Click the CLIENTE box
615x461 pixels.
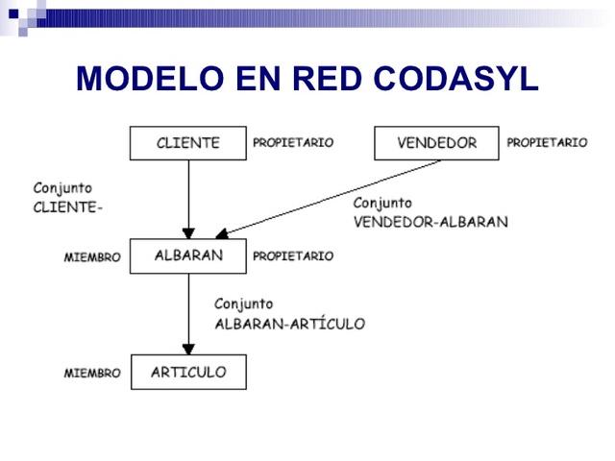[x=188, y=143]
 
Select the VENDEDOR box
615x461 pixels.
[x=436, y=143]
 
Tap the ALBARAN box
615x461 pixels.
[x=188, y=256]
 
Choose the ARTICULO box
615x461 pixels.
[x=188, y=372]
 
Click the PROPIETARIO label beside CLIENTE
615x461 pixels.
[x=293, y=143]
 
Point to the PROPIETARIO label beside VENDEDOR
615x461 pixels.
[x=547, y=143]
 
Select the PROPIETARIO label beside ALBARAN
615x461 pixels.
[x=293, y=256]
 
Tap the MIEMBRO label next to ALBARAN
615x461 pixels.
[x=92, y=257]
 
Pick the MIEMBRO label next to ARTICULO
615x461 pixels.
[x=92, y=373]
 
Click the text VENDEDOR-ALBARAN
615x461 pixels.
[x=430, y=222]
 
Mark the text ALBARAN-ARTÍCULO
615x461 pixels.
[x=289, y=324]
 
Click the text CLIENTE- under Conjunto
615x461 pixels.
[x=67, y=207]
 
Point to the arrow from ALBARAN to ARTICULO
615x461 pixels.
[x=188, y=314]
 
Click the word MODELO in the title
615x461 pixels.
[x=151, y=79]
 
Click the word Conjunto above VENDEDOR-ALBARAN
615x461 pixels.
[x=382, y=203]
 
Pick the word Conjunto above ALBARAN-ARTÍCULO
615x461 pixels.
[x=243, y=303]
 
